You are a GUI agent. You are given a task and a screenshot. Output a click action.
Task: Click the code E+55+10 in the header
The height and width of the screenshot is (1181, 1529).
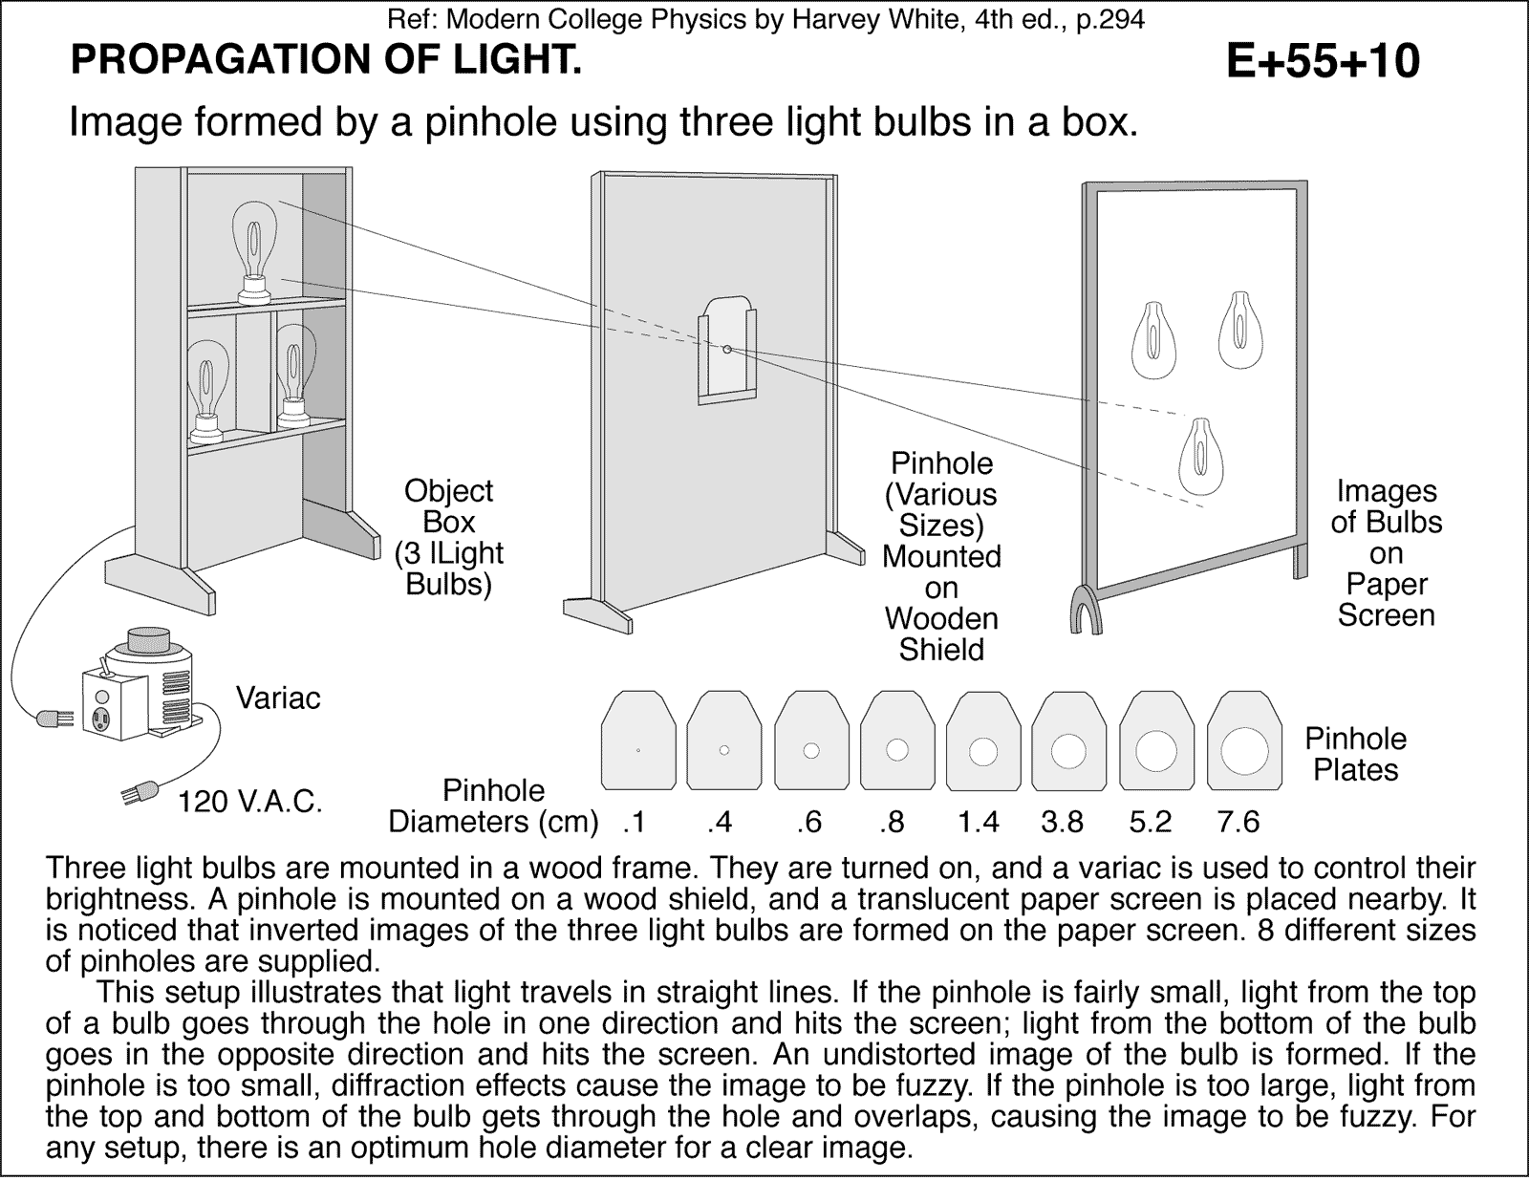(1323, 62)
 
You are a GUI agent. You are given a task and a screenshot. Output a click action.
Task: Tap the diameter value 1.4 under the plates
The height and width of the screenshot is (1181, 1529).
(979, 822)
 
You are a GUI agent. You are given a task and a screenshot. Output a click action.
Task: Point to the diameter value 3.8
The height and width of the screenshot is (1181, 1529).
(1063, 822)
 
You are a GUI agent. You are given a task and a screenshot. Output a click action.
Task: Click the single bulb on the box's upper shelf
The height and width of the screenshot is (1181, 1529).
(254, 247)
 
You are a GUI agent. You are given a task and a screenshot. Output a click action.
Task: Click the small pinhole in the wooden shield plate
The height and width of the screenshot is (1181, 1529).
(727, 350)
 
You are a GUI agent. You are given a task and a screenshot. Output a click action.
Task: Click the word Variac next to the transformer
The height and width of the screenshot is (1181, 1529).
(278, 698)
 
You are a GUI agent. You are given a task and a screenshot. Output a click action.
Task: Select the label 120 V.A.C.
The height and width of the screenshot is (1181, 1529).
(250, 802)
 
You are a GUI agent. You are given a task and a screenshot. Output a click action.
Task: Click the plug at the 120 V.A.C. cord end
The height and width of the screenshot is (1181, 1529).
(137, 793)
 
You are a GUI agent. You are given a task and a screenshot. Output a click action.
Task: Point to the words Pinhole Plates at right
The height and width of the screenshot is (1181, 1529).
(1355, 754)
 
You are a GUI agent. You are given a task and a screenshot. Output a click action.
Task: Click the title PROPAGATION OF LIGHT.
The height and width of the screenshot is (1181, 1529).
(326, 62)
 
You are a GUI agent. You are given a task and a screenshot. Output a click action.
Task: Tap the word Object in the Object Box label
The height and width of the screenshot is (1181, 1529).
(448, 491)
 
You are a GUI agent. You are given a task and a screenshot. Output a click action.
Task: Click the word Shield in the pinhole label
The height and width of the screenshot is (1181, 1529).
(941, 650)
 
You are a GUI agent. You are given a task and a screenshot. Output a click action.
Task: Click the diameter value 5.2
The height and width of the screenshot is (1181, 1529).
(1150, 822)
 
